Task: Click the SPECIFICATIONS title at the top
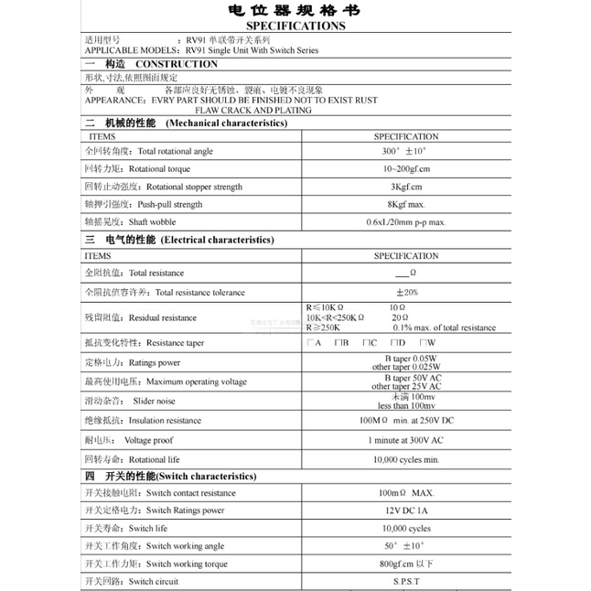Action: click(x=295, y=27)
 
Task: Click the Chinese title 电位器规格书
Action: click(x=295, y=11)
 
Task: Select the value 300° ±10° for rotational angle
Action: click(x=405, y=151)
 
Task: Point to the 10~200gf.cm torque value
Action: click(x=405, y=169)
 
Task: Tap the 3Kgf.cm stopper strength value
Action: click(x=405, y=187)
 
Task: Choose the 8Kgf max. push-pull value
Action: click(x=405, y=204)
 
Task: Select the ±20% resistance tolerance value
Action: click(x=405, y=292)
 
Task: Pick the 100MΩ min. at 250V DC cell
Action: click(x=405, y=421)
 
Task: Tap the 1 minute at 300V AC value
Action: click(x=405, y=440)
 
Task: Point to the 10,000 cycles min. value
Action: click(x=405, y=459)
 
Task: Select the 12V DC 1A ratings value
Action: click(x=405, y=510)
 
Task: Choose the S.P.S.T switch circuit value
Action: click(x=405, y=581)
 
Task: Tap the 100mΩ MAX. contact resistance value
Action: click(x=405, y=493)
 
